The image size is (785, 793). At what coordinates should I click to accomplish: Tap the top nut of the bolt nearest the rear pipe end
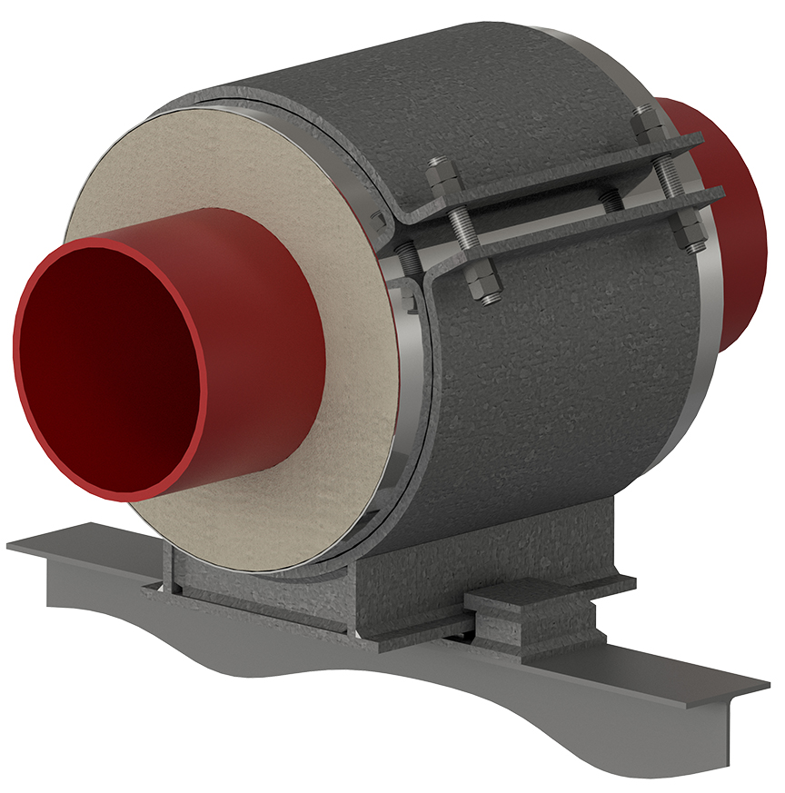646,124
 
